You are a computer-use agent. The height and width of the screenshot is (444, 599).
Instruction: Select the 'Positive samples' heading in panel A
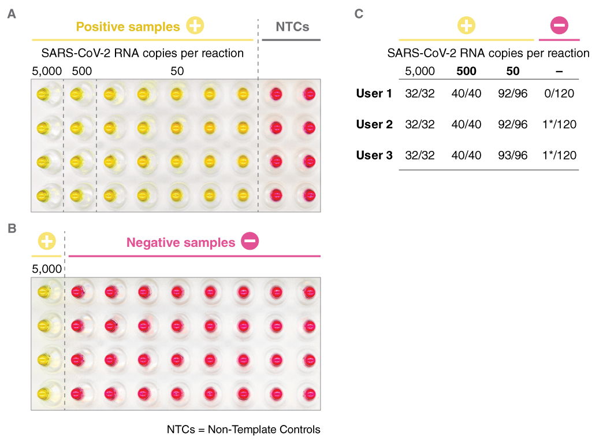(x=128, y=27)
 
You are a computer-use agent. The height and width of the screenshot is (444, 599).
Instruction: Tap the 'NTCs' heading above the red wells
(x=292, y=27)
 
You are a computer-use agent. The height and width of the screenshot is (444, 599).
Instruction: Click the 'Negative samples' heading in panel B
(x=181, y=242)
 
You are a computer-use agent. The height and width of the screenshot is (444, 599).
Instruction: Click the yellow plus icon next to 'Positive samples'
(x=195, y=26)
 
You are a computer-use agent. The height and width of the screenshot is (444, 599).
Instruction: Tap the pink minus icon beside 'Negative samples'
(x=250, y=242)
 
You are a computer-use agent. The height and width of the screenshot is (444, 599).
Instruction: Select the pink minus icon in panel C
(x=559, y=25)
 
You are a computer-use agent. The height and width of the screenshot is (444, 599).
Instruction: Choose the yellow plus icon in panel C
(x=466, y=25)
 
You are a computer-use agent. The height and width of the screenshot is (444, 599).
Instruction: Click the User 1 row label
(x=374, y=93)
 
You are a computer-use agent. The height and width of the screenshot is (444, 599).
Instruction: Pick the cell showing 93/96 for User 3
(x=512, y=155)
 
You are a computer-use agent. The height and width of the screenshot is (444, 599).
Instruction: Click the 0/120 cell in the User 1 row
(x=559, y=93)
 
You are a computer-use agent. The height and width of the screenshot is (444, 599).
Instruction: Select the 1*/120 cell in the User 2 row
(x=559, y=124)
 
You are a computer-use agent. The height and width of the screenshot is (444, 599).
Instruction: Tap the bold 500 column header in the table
(x=466, y=71)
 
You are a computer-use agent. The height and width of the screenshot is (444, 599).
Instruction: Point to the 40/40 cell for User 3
(x=466, y=155)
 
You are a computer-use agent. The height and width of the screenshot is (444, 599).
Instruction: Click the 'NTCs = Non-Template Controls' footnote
(x=243, y=430)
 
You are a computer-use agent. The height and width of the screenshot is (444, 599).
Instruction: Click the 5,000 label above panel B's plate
(x=46, y=269)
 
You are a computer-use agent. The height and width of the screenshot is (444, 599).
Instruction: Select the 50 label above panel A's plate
(x=177, y=71)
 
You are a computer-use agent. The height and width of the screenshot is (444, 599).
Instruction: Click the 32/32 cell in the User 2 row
(x=420, y=124)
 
